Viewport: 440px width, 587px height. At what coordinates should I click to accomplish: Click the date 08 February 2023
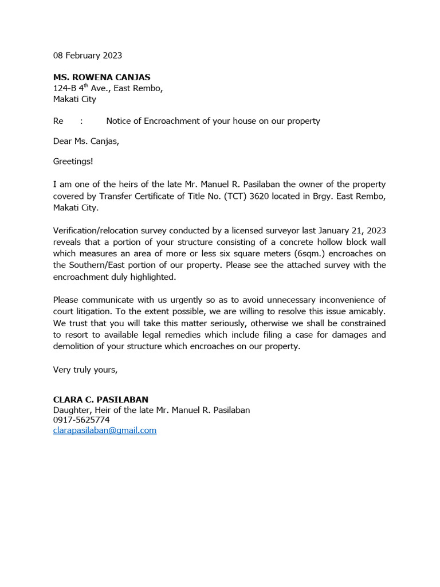coord(88,56)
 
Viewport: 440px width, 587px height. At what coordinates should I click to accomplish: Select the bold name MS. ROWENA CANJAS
coord(102,77)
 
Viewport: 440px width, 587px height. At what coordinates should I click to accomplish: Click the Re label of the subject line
coord(58,121)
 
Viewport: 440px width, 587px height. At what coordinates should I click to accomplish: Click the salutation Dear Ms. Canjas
coord(87,142)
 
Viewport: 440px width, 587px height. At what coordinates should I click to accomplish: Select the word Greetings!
coord(73,162)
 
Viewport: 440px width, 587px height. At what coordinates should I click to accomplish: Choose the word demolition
coord(77,346)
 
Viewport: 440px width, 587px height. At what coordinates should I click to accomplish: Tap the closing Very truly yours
coord(85,370)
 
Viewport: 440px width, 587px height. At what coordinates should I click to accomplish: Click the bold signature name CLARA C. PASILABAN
coord(101,399)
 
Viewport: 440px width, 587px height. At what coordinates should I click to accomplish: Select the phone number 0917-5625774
coord(81,420)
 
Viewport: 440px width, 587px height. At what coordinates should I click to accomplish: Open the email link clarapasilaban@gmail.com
coord(105,430)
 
